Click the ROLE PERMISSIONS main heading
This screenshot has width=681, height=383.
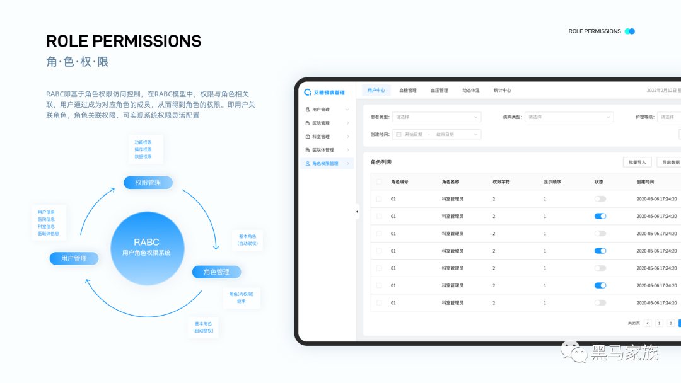[124, 42]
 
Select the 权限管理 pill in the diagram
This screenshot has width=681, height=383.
[148, 183]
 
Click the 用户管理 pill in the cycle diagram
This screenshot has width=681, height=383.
[74, 258]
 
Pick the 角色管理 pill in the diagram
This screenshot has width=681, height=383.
[216, 272]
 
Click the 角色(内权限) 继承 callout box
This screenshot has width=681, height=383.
[241, 297]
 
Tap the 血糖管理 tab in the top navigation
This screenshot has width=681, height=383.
[407, 91]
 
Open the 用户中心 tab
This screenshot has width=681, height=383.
[376, 91]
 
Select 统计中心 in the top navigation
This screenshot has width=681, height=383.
[502, 91]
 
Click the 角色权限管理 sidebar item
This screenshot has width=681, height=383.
[325, 164]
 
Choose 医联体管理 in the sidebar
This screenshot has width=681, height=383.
[323, 150]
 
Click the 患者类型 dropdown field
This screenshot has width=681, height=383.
[436, 117]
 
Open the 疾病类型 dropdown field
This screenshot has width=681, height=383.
[569, 117]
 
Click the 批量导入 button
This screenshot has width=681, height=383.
[637, 163]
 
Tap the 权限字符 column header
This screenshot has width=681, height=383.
[501, 182]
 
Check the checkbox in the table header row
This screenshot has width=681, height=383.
[379, 182]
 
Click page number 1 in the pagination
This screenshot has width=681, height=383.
[659, 323]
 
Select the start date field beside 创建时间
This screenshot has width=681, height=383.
[414, 134]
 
